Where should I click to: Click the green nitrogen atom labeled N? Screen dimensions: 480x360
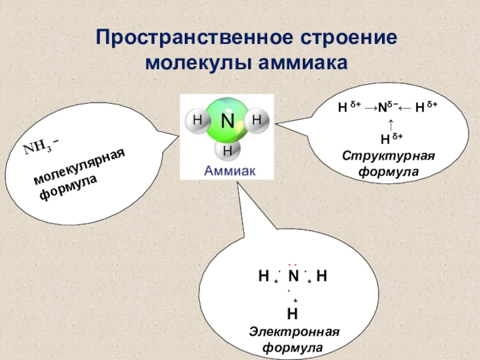tap(227, 122)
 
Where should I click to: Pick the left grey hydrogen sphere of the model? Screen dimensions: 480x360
tap(197, 120)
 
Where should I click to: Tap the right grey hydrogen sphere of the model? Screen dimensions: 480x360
tap(257, 119)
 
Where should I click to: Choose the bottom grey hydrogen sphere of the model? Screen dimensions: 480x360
tap(227, 150)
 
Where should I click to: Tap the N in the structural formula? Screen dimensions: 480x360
tap(382, 109)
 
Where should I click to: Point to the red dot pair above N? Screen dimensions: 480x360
tap(293, 264)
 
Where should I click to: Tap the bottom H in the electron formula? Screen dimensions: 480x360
tap(293, 313)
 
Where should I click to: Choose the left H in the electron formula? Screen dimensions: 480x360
tap(263, 276)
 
